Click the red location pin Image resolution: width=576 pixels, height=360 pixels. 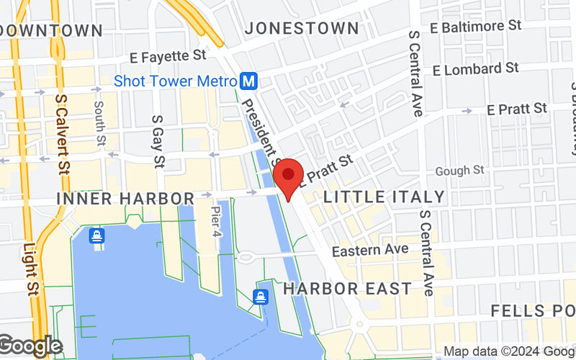point(289,175)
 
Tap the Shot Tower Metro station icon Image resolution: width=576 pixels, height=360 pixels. point(249,81)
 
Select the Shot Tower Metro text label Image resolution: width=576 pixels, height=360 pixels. point(174,81)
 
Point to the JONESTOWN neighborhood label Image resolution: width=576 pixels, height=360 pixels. point(302,28)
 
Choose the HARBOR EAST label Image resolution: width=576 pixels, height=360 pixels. point(348,289)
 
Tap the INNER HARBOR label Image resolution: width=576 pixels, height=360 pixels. point(125,199)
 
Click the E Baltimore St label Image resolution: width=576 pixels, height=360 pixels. point(475,26)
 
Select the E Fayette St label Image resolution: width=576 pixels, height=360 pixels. point(168,55)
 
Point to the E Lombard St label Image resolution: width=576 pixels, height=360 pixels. point(476,69)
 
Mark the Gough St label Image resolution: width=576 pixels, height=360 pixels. point(460,171)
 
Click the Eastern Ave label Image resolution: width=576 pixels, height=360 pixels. point(370,249)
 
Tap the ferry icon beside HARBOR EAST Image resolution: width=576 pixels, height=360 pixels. point(261,295)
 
